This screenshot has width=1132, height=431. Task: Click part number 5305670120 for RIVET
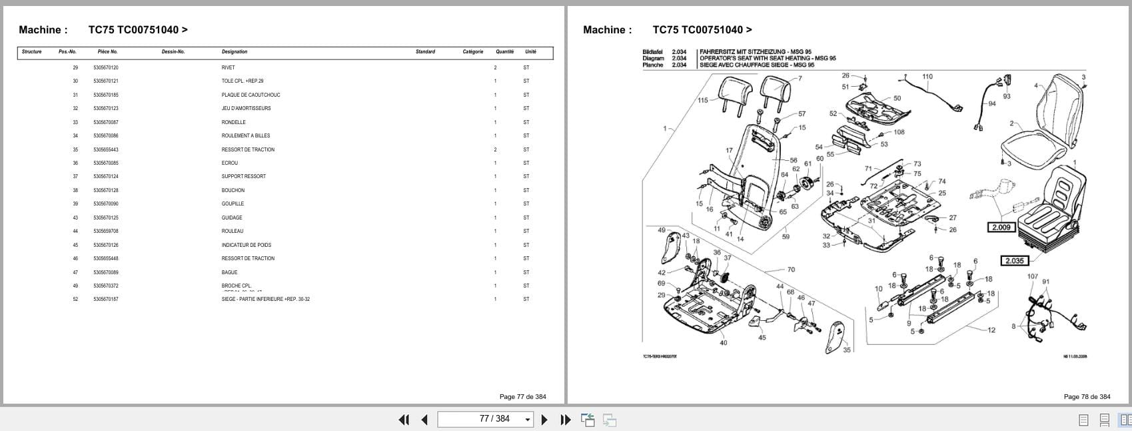point(105,67)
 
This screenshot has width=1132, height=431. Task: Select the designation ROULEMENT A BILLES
point(245,135)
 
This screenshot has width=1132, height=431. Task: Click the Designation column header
point(234,51)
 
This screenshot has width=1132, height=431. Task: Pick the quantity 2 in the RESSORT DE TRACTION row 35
point(495,149)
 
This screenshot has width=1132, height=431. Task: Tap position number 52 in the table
point(75,299)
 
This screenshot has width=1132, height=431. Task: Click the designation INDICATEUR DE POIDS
point(246,245)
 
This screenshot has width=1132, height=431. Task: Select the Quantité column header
point(504,51)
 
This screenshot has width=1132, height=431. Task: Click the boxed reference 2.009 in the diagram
point(1001,228)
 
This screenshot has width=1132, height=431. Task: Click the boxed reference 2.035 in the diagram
point(1013,261)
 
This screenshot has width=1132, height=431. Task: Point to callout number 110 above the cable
point(927,77)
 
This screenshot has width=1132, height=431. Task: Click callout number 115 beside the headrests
point(703,101)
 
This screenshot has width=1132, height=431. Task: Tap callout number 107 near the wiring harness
point(1032,276)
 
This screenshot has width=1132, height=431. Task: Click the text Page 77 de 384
point(522,396)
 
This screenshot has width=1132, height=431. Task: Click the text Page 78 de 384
point(1087,396)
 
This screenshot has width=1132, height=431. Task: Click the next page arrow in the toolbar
point(544,419)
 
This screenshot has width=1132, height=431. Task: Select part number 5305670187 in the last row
point(105,299)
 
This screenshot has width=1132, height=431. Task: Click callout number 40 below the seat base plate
point(723,343)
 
